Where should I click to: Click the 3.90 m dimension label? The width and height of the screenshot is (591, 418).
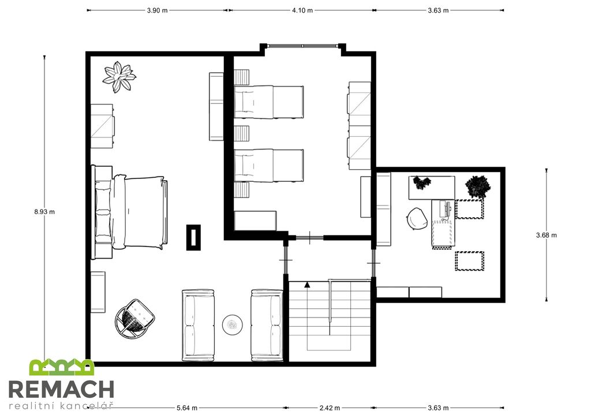(x=157, y=10)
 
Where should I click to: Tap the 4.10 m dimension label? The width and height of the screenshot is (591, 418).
(x=302, y=10)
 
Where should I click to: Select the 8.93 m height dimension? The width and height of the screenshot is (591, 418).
(x=44, y=212)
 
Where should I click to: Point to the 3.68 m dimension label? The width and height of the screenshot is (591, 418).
(x=546, y=235)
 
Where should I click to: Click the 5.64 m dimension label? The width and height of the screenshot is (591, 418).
(x=187, y=408)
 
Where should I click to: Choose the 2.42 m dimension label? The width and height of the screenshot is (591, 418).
(x=330, y=408)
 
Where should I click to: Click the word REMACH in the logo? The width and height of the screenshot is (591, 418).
(x=61, y=389)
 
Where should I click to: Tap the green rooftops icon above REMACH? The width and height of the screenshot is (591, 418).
(x=62, y=367)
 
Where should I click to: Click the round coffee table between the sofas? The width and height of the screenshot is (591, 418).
(x=232, y=324)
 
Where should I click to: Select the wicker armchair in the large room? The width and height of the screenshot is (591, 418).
(x=134, y=318)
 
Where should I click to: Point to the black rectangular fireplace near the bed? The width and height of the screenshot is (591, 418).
(x=193, y=237)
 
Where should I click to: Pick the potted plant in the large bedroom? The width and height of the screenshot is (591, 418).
(x=119, y=77)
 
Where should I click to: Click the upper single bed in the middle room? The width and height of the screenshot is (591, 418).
(x=269, y=102)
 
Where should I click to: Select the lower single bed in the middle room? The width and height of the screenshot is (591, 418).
(x=269, y=166)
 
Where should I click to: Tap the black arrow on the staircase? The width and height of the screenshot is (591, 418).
(x=307, y=285)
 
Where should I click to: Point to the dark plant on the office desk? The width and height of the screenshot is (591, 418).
(x=422, y=182)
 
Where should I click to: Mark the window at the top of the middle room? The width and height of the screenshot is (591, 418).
(x=303, y=46)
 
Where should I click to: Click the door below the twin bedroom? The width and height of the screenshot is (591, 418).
(x=310, y=238)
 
